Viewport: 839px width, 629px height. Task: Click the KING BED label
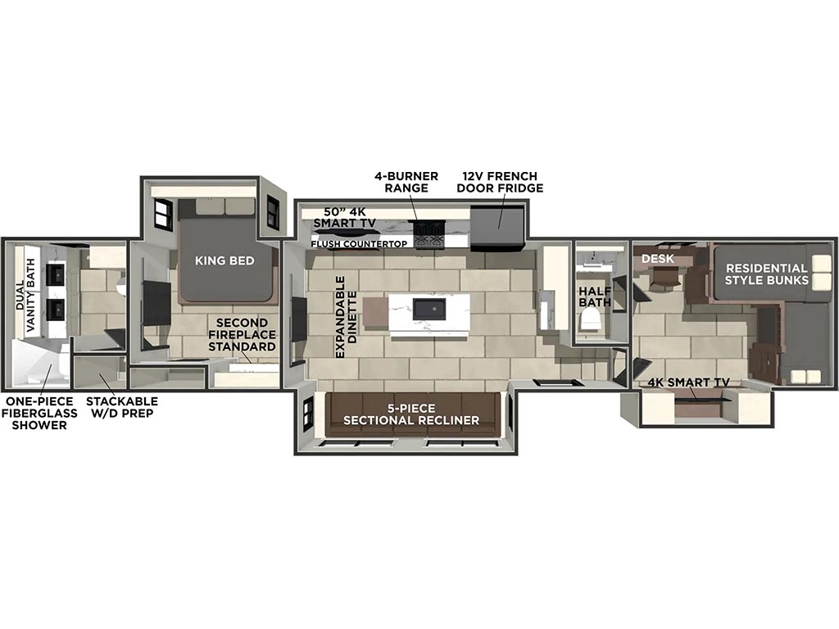[x=224, y=260]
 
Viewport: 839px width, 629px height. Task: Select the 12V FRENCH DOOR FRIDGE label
[x=501, y=182]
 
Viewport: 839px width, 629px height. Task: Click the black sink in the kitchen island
[x=428, y=309]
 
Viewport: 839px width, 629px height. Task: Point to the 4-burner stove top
[x=429, y=234]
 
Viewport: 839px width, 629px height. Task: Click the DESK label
[x=657, y=259]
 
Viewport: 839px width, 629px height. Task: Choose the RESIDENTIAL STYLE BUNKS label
[x=766, y=274]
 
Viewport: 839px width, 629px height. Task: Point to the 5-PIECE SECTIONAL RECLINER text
[x=410, y=414]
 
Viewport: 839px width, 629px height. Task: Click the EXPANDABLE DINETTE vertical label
[x=346, y=315]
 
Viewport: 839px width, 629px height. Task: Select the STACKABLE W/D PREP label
[x=121, y=407]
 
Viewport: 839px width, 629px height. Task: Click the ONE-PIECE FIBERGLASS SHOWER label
[x=39, y=413]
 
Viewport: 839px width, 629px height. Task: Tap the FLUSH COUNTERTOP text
[x=358, y=244]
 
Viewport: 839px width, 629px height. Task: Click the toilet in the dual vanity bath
[x=120, y=286]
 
